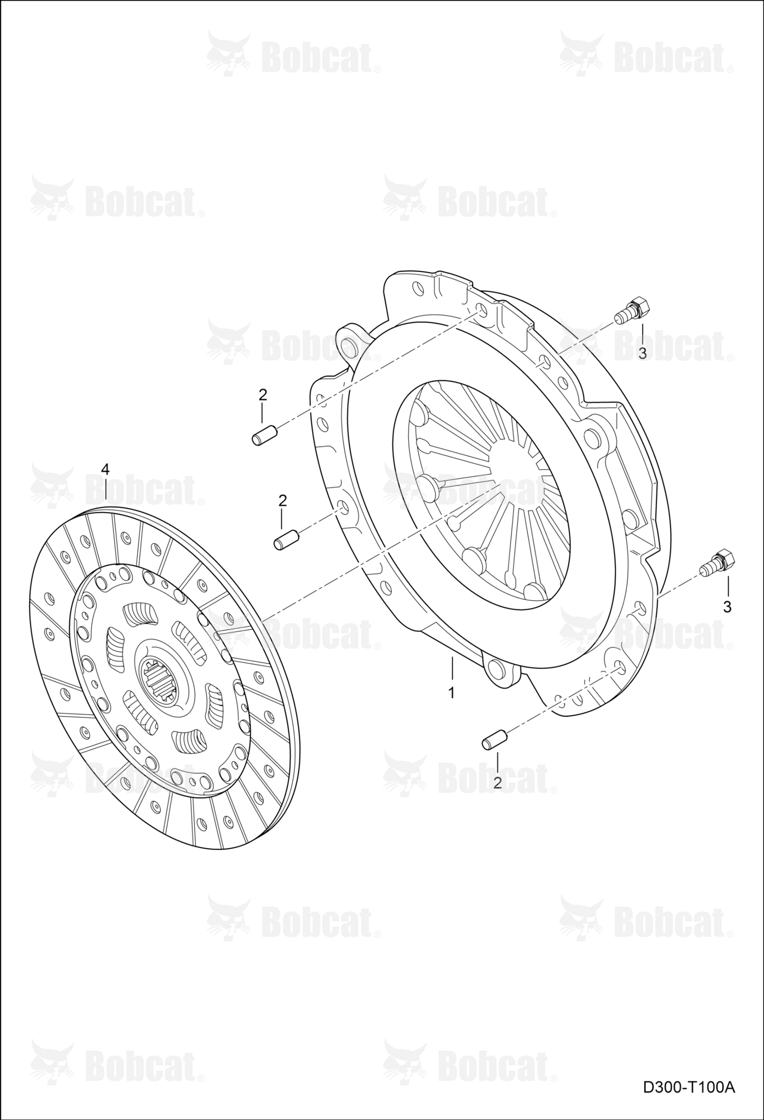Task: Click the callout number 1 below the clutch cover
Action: [451, 693]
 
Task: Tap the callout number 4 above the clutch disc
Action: [105, 468]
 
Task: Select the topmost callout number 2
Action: [263, 394]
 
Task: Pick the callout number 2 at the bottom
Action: [498, 782]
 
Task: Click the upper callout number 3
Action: [642, 353]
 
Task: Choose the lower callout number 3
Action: [727, 606]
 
